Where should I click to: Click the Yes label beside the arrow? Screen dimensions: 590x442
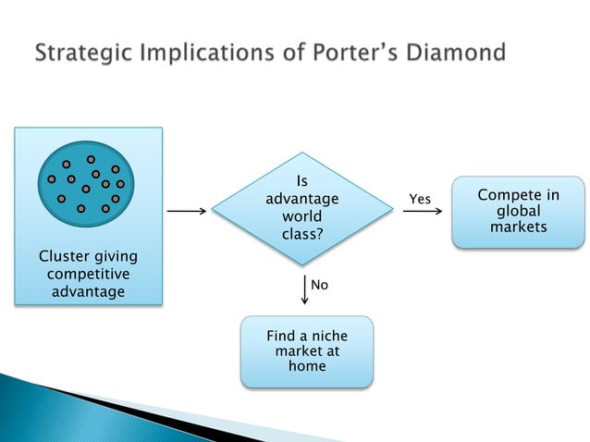tap(420, 200)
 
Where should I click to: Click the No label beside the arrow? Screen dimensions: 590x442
tap(319, 286)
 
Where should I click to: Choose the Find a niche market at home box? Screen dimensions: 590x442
tap(307, 351)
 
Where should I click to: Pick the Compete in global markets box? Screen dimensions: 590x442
tap(518, 211)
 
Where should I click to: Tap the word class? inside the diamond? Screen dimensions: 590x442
tap(302, 234)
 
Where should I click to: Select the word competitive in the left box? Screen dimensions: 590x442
tap(88, 275)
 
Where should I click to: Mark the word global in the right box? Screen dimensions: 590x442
tap(519, 211)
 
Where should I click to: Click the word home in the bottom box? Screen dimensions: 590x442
tap(307, 367)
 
